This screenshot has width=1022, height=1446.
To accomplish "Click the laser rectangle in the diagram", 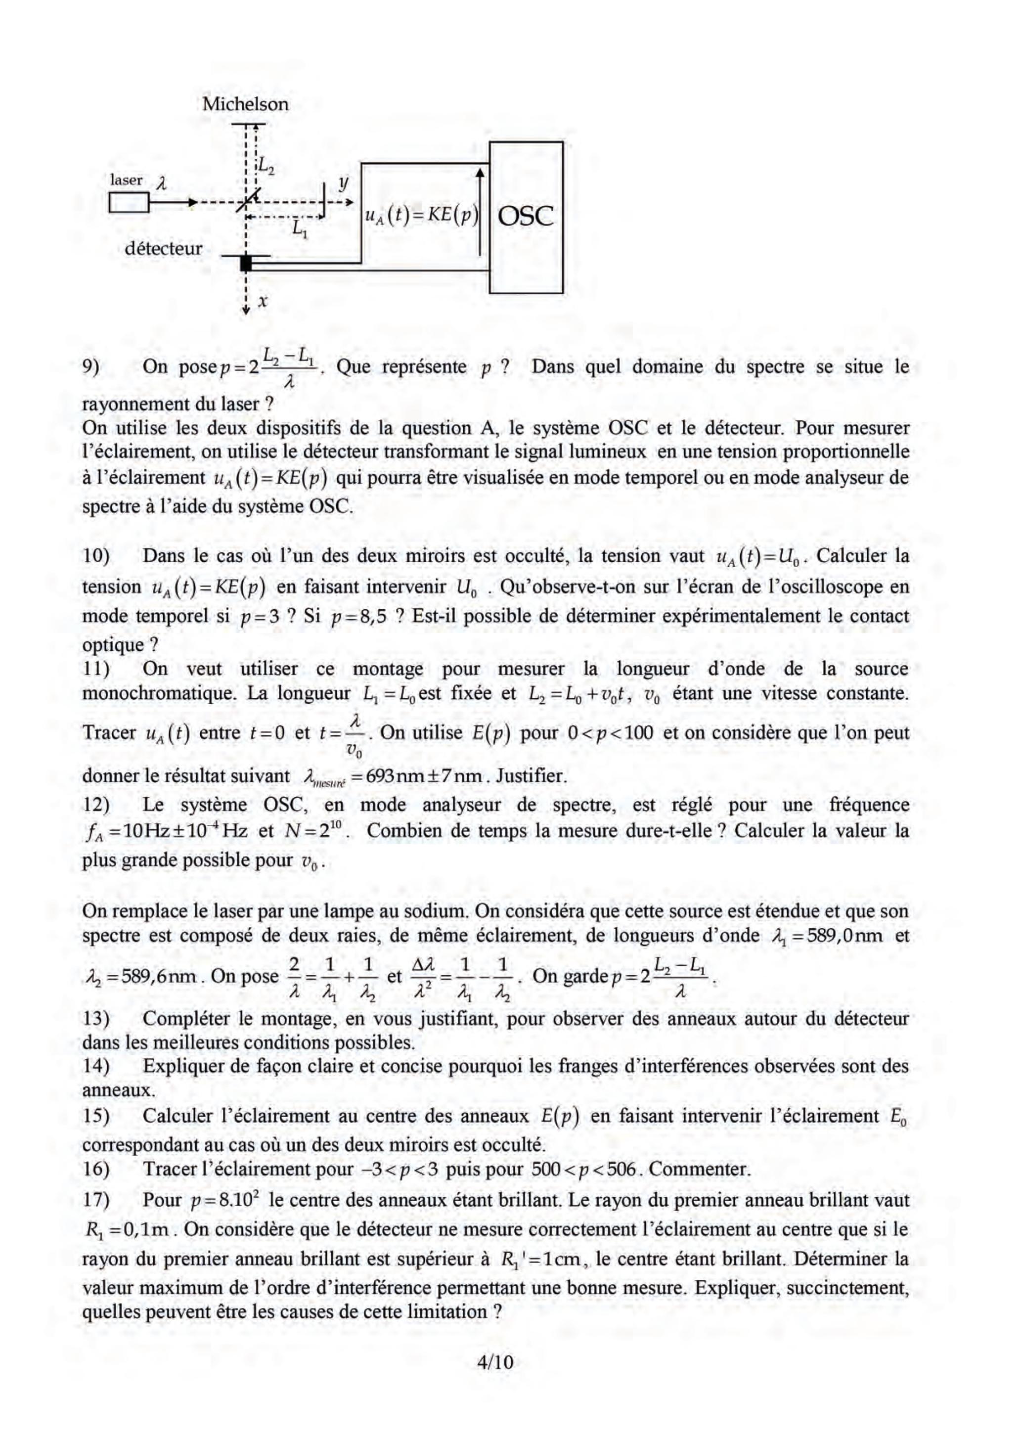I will (x=129, y=203).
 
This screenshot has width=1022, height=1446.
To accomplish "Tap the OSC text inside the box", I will (x=525, y=217).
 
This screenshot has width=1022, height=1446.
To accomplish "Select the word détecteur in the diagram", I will (x=163, y=248).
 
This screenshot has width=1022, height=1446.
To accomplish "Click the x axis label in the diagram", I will (x=263, y=302).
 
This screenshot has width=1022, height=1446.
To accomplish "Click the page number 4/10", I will (x=495, y=1362).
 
